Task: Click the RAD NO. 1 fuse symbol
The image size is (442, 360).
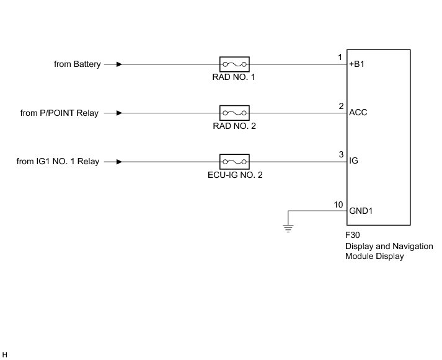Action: [x=234, y=64]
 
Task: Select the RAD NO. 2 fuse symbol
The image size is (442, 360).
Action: [x=234, y=113]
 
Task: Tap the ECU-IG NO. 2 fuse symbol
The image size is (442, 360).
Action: [x=234, y=162]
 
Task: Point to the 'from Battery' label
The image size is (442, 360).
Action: [x=77, y=64]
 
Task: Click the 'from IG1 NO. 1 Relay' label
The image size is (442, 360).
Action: [x=58, y=162]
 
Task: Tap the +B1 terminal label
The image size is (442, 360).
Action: [x=358, y=64]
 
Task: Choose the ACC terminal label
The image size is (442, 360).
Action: [x=358, y=113]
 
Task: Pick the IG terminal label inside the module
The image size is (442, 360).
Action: [x=353, y=162]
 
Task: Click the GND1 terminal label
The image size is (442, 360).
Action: [x=361, y=210]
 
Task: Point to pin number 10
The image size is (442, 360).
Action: [x=338, y=204]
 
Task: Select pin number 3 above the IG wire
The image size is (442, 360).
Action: [x=340, y=155]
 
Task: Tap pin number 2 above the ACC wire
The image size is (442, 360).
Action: [x=340, y=106]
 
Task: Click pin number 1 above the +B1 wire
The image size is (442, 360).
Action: [x=340, y=58]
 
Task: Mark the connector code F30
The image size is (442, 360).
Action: [x=353, y=236]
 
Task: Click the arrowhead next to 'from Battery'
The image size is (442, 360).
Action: [x=119, y=64]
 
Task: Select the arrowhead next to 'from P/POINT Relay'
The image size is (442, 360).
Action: [x=119, y=113]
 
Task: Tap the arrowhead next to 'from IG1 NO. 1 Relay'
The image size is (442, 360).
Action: [x=119, y=162]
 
